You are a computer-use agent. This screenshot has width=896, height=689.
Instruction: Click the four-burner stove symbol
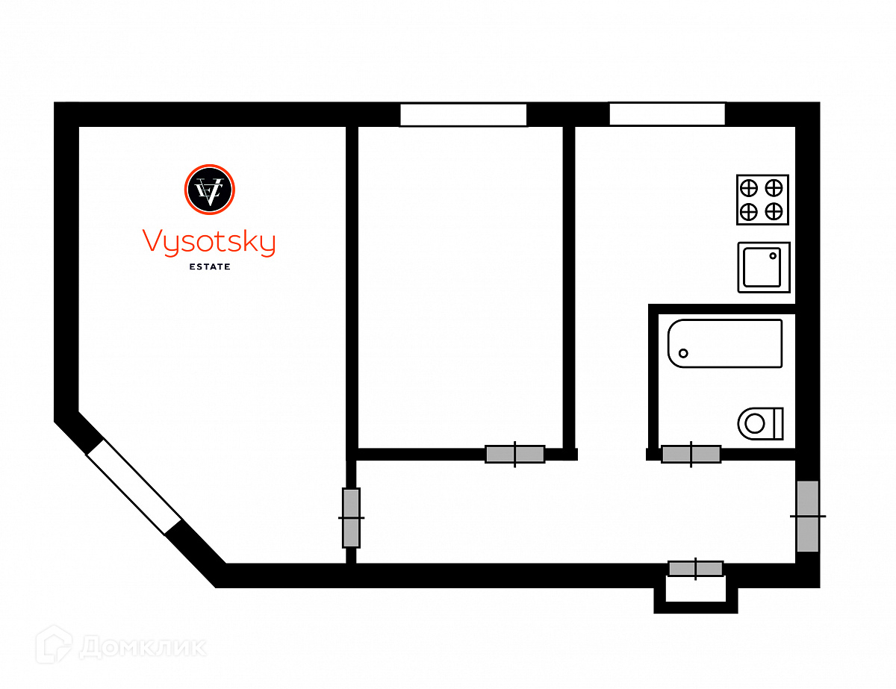coord(762,199)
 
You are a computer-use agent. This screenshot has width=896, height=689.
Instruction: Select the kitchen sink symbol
coord(764,266)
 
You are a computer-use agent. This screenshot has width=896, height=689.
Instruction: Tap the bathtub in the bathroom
coord(725,343)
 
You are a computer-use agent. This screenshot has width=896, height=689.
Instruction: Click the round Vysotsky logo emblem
coord(209,189)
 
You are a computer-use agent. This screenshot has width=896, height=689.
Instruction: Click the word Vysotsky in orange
coord(208,243)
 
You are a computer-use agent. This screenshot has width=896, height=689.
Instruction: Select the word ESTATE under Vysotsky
coord(209,266)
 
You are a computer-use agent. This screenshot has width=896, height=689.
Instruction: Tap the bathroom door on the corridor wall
coord(691,454)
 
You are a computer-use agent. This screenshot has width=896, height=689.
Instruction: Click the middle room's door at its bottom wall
coord(514,454)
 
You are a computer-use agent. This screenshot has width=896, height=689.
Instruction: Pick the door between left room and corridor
coord(351,517)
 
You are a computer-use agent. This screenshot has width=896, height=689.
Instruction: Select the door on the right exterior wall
coord(808,516)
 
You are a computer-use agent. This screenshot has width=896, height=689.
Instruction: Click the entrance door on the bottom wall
coord(696,569)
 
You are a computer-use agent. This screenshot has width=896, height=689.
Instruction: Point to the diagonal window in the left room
coord(134,486)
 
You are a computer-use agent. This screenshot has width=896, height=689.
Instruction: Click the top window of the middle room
coord(463,115)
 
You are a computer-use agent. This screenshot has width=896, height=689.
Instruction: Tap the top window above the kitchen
coord(667,114)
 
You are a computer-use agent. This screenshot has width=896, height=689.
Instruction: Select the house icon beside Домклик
coord(54,644)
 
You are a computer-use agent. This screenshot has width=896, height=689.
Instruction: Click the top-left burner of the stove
coord(749,187)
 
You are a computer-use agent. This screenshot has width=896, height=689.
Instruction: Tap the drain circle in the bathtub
coord(683,352)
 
